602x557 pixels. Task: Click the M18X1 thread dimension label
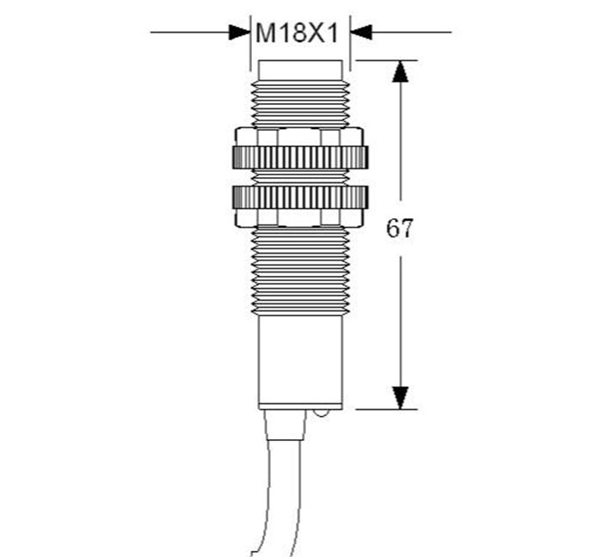tap(297, 33)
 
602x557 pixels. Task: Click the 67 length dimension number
tap(400, 229)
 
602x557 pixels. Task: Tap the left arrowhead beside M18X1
tap(239, 32)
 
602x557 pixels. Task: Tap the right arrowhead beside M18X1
tap(361, 32)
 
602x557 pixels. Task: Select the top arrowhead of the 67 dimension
tap(401, 71)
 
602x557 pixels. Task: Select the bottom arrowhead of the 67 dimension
tap(401, 398)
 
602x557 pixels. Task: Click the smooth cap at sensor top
tap(300, 70)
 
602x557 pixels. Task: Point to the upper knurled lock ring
tap(300, 157)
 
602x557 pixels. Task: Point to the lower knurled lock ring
tap(300, 197)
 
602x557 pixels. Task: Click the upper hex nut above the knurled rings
tap(299, 137)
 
